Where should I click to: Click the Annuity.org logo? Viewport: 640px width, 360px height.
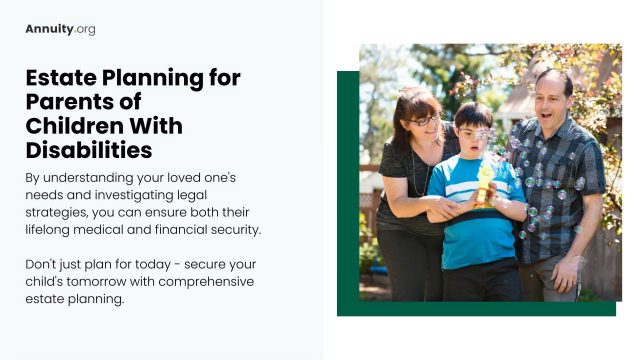(x=60, y=29)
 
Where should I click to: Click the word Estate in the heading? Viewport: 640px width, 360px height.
(x=59, y=78)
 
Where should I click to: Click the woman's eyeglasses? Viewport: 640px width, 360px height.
(x=424, y=120)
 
